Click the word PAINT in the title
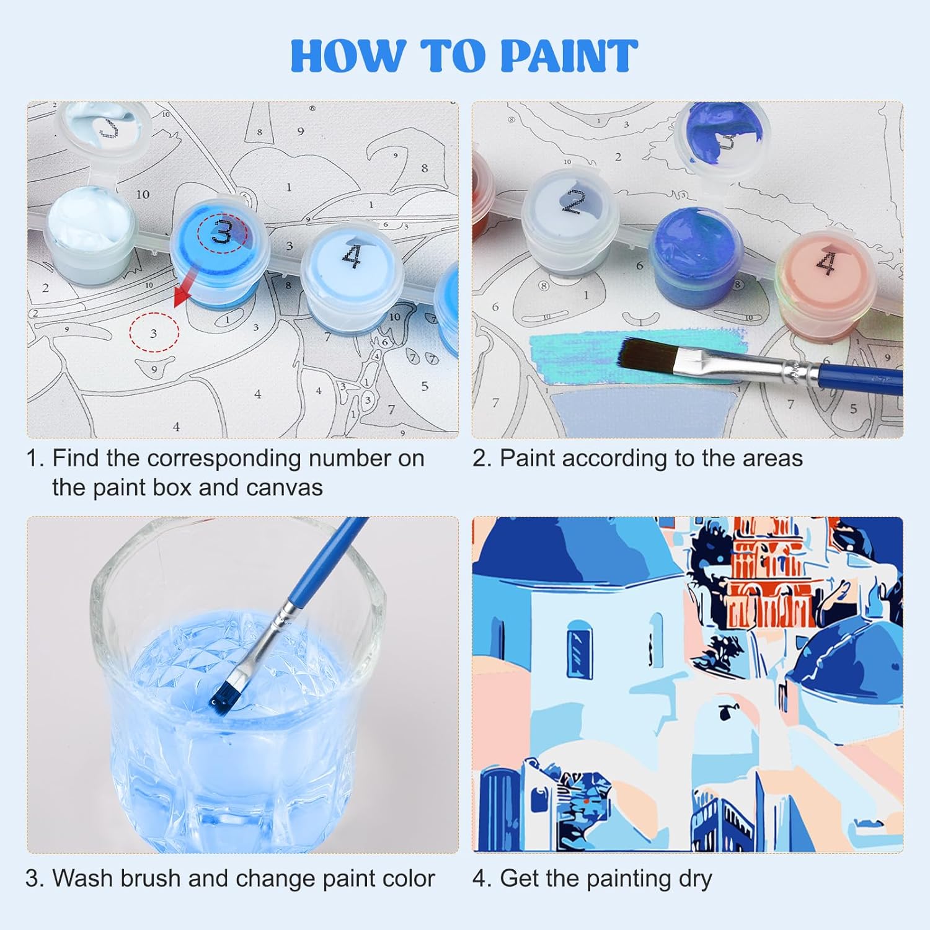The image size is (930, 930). [x=569, y=56]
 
